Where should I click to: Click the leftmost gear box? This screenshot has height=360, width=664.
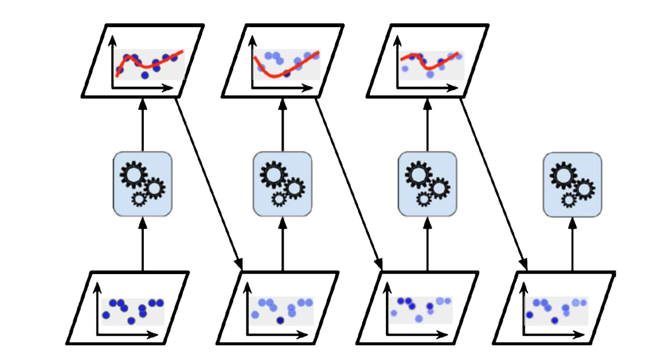[x=142, y=183]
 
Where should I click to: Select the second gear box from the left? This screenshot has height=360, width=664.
[x=282, y=183]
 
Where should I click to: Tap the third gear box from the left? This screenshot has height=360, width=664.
[x=427, y=183]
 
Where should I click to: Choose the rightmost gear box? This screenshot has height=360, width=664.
[x=572, y=183]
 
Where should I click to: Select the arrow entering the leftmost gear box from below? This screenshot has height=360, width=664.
[x=142, y=244]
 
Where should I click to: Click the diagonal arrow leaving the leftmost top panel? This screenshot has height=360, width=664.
[x=208, y=181]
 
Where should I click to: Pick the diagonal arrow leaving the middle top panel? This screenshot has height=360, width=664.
[x=349, y=181]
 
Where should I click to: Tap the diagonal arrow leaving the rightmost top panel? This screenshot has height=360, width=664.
[x=494, y=181]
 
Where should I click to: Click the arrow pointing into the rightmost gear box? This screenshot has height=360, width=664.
[x=572, y=244]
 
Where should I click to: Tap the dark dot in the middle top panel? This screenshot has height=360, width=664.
[x=287, y=74]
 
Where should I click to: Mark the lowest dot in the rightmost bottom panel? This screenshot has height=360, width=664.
[x=555, y=319]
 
